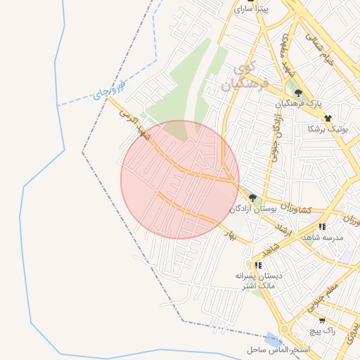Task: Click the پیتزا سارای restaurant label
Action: [x=251, y=9]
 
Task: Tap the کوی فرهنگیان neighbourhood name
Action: [x=244, y=77]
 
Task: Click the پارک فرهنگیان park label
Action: [x=298, y=104]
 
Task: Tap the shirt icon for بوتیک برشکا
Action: [x=328, y=117]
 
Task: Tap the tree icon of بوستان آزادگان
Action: [x=252, y=198]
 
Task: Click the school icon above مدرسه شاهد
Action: [x=322, y=226]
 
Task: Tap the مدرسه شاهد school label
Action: [x=322, y=238]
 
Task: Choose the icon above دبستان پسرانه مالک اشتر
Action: [x=259, y=265]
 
